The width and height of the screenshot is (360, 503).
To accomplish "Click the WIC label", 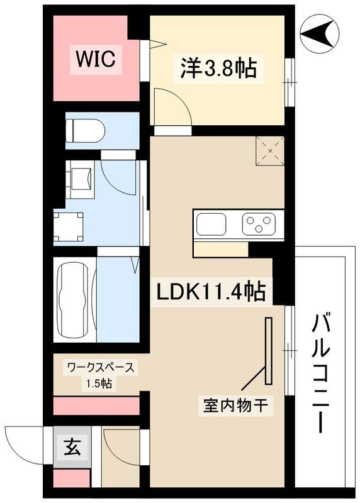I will tap(95, 60).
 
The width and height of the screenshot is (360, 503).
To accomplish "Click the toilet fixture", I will tap(85, 130).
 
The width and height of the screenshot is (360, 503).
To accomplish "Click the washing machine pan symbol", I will tap(69, 225).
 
